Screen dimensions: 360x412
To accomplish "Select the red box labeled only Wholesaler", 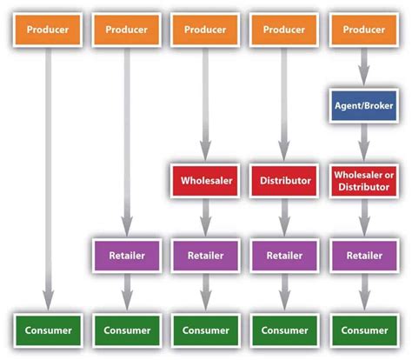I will (204, 181).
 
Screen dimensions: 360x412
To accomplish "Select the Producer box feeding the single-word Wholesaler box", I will (204, 30).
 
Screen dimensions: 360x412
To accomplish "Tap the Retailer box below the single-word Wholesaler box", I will (204, 256).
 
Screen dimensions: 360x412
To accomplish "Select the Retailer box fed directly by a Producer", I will (127, 256).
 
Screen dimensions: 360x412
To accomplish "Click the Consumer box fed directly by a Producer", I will (48, 330).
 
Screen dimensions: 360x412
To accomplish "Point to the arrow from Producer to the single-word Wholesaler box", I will (204, 104).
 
